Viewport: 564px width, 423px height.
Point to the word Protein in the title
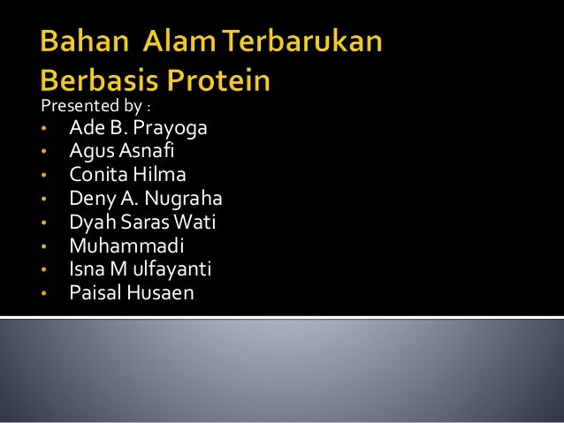point(218,81)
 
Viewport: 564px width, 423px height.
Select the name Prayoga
point(171,129)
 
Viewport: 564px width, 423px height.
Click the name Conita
point(95,175)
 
